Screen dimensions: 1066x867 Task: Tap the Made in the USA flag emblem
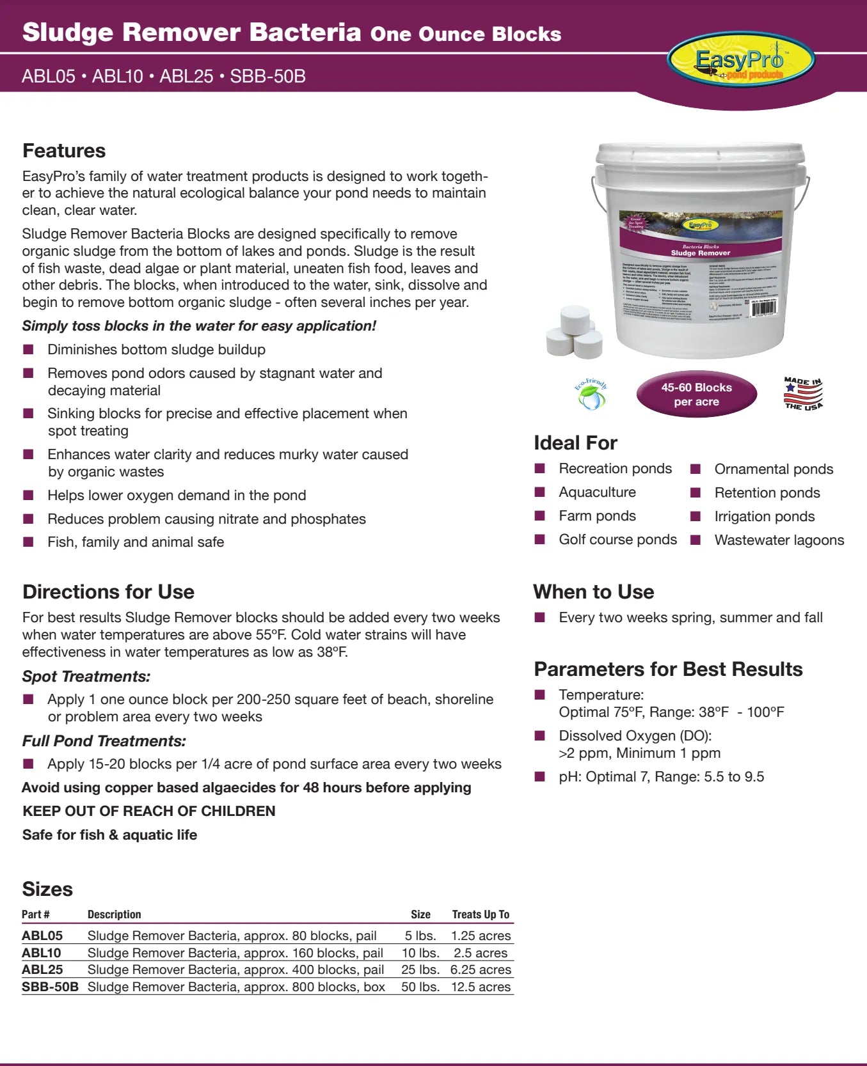[x=803, y=393]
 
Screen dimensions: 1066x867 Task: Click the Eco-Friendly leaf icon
[x=591, y=395]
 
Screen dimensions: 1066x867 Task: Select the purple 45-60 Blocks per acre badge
[x=696, y=395]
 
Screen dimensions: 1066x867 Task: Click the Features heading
[x=64, y=151]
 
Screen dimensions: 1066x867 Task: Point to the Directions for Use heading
[x=108, y=592]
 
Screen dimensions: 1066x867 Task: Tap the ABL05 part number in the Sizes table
[x=42, y=936]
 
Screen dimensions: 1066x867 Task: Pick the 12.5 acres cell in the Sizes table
[x=481, y=987]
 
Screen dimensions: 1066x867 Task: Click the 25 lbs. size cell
[x=420, y=969]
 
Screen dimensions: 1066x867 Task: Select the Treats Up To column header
[x=481, y=914]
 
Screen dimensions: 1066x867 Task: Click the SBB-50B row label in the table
[x=50, y=987]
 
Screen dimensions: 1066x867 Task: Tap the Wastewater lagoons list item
[x=779, y=540]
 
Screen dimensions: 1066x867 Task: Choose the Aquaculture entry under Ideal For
[x=597, y=492]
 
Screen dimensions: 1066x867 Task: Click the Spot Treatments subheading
[x=86, y=677]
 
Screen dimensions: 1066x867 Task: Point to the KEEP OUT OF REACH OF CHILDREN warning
[x=148, y=811]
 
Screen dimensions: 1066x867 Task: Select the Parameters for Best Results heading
[x=668, y=669]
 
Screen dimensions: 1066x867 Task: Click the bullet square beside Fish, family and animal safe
[x=28, y=542]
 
